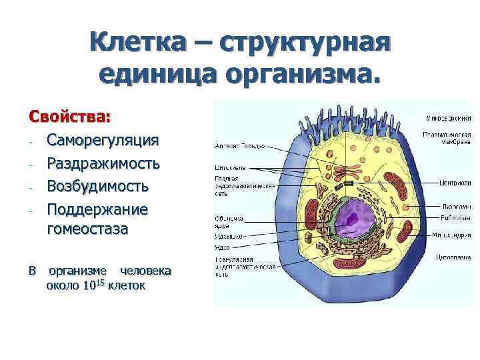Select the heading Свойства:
69,116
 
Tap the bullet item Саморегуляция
102,139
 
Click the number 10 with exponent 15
93,286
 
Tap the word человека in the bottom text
145,271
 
